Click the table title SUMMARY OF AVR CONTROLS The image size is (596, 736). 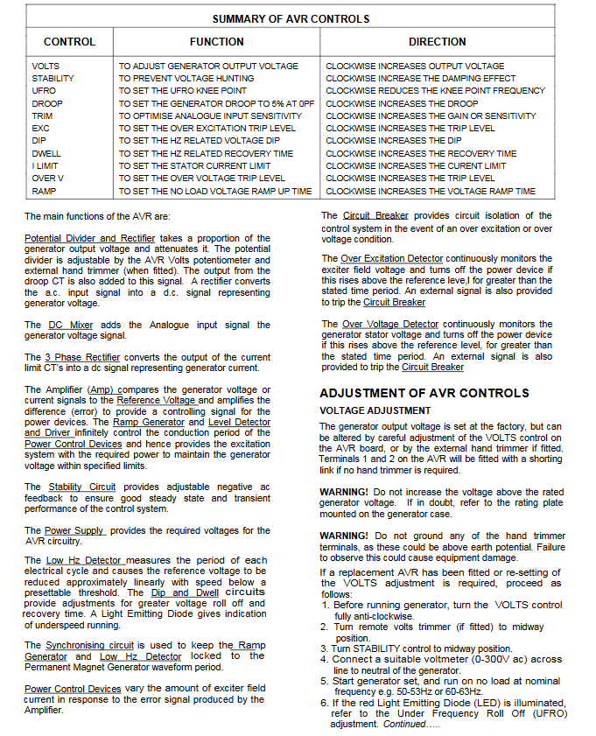click(x=291, y=18)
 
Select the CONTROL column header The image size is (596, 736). click(x=69, y=41)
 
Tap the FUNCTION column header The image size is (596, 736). click(x=216, y=41)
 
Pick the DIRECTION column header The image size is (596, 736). click(x=437, y=41)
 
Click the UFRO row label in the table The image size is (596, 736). click(x=44, y=91)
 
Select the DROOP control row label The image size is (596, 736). click(x=47, y=103)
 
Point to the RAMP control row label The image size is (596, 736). click(x=45, y=191)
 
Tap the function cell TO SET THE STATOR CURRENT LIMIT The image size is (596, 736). click(x=195, y=165)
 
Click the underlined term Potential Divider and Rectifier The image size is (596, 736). click(x=89, y=238)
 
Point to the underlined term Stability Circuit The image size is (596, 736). click(x=81, y=487)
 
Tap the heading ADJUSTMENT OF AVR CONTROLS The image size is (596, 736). click(x=424, y=393)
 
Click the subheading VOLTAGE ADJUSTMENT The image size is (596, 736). click(x=375, y=410)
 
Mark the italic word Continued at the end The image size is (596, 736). click(x=405, y=725)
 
